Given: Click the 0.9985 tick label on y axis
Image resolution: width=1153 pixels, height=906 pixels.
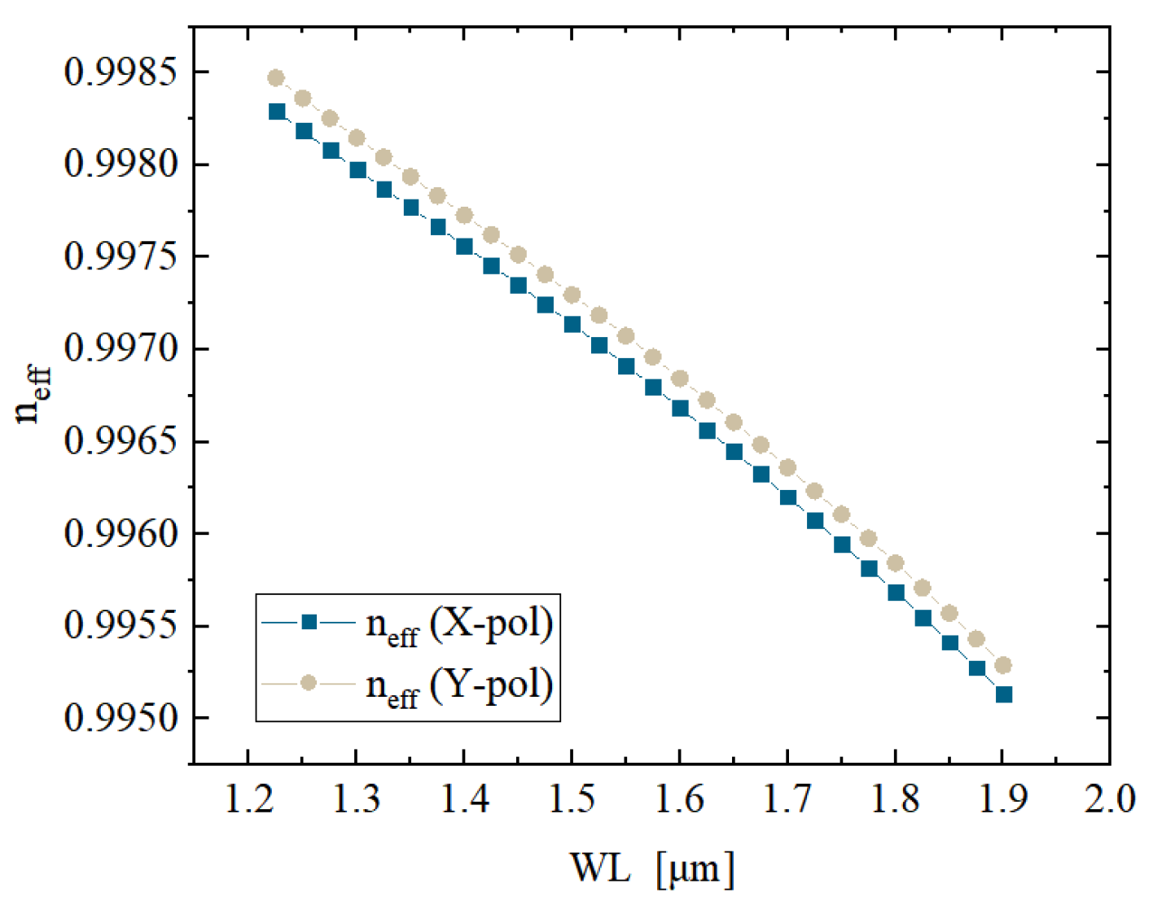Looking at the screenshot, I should click(120, 72).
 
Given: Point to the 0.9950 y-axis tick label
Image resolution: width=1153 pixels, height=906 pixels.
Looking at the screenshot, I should click(120, 719).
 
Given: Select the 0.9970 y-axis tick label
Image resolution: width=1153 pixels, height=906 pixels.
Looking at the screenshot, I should click(120, 349).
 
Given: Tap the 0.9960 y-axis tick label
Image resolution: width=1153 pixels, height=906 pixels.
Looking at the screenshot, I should click(120, 534).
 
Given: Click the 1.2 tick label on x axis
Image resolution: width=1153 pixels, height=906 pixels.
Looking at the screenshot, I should click(248, 799).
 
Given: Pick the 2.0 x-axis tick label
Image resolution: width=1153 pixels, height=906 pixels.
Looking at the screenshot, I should click(1109, 799).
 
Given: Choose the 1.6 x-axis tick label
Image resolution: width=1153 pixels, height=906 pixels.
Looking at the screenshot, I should click(679, 799).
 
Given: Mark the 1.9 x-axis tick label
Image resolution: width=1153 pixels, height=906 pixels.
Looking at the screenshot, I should click(1002, 799).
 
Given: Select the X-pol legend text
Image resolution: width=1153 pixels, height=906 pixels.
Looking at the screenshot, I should click(459, 625).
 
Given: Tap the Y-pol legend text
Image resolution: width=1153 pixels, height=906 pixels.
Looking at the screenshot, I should click(459, 685).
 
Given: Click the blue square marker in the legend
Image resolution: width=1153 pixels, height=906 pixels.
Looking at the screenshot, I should click(309, 623).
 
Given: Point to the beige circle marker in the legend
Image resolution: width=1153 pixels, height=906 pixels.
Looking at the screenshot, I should click(309, 683).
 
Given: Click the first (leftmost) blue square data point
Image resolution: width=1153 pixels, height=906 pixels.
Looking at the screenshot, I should click(277, 112).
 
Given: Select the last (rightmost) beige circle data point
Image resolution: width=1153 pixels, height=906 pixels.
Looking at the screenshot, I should click(1003, 666).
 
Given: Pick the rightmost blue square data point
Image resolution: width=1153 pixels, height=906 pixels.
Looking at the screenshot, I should click(1004, 694).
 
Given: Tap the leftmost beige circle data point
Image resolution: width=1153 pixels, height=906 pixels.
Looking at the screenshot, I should click(276, 78).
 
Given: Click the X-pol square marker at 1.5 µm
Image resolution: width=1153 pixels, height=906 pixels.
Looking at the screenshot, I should click(572, 325).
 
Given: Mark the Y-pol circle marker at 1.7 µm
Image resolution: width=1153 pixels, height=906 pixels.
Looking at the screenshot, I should click(787, 468).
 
